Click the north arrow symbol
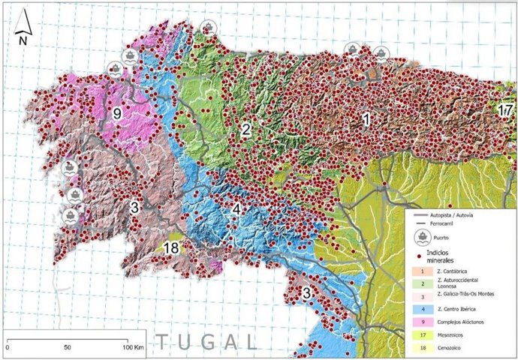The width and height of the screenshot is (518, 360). (x=23, y=27)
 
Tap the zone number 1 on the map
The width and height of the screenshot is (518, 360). (x=366, y=118)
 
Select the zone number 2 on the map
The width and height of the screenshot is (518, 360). (x=245, y=129)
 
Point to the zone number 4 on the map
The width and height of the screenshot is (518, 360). (x=236, y=208)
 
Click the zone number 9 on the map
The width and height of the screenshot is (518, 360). (x=117, y=114)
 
